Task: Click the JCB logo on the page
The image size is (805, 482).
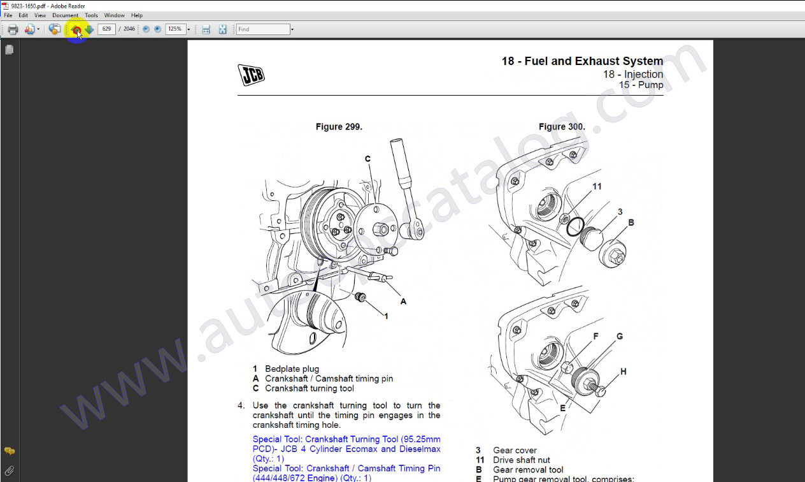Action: coord(251,75)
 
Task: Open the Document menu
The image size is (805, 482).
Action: coord(65,15)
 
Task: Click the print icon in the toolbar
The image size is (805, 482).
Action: coord(13,29)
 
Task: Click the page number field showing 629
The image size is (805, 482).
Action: coord(106,29)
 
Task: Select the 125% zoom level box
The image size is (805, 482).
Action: coord(175,29)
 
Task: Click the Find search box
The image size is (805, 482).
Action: coord(262,29)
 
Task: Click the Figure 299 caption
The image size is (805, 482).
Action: coord(339,127)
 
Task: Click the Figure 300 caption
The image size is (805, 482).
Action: coord(562,127)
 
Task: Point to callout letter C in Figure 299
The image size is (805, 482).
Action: coord(367,159)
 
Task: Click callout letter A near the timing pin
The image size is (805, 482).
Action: coord(403,301)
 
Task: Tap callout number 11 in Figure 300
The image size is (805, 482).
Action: coord(597,187)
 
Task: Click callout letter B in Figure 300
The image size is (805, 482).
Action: coord(631,223)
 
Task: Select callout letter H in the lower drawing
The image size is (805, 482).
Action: coord(623,371)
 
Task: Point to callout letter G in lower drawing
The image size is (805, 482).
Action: coord(619,336)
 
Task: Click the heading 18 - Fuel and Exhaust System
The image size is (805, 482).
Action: coord(582,61)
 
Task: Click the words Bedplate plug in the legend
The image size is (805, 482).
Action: coord(292,369)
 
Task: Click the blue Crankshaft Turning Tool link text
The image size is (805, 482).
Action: coord(346,439)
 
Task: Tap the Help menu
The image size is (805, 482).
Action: coord(137,15)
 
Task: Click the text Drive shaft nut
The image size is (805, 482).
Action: coord(521,460)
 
